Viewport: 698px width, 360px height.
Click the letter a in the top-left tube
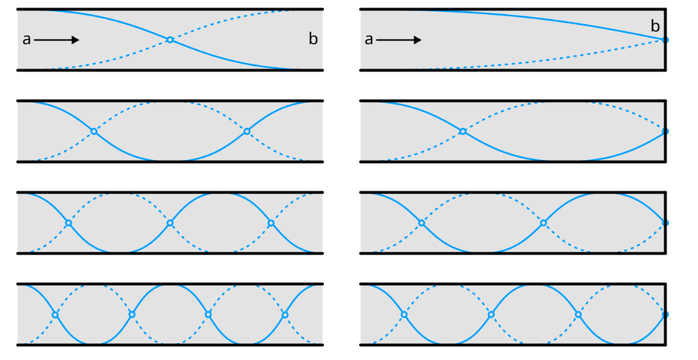27,40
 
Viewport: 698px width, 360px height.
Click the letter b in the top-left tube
313,40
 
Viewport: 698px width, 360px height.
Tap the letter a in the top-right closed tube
368,40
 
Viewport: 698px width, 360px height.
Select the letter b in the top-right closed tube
655,27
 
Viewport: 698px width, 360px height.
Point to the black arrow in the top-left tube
57,40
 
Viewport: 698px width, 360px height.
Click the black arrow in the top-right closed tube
399,40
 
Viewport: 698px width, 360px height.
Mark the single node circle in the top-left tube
170,40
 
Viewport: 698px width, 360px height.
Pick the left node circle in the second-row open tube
94,131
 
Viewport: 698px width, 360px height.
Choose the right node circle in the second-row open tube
247,131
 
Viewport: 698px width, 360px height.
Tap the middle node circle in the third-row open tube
170,223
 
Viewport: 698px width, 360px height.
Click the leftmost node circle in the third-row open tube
68,223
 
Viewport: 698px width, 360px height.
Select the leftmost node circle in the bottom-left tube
55,314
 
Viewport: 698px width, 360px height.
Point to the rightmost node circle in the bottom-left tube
285,314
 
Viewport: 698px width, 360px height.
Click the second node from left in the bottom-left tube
132,314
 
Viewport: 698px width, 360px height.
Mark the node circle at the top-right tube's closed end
665,40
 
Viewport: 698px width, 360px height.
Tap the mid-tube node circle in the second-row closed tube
463,131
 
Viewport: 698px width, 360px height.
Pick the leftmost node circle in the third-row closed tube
422,223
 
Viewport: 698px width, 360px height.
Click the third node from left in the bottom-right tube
578,314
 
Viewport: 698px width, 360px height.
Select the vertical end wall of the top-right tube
665,57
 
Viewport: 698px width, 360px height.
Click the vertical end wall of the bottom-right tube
665,330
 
